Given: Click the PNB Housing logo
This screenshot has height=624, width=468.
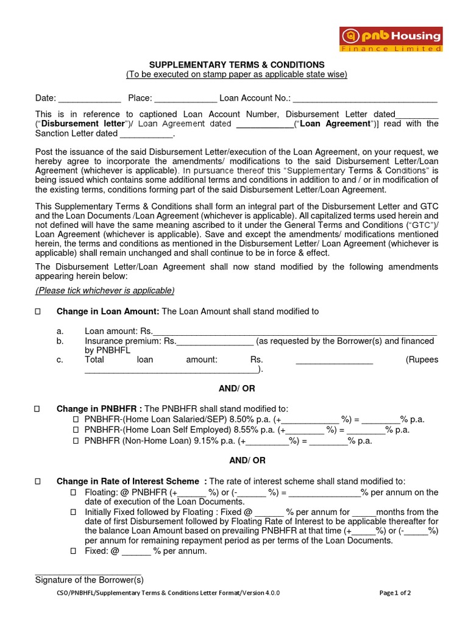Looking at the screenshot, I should pyautogui.click(x=391, y=40).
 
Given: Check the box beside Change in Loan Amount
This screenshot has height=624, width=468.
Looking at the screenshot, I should pyautogui.click(x=38, y=311).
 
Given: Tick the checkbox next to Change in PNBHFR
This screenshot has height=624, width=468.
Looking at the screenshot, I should pyautogui.click(x=38, y=409).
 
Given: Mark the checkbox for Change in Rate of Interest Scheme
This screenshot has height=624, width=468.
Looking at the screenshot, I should pyautogui.click(x=38, y=481).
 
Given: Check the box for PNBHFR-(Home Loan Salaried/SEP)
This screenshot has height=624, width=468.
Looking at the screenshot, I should pyautogui.click(x=76, y=420).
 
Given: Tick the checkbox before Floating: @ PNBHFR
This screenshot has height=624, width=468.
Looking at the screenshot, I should pyautogui.click(x=73, y=492).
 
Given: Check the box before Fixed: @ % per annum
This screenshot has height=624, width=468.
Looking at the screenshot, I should pyautogui.click(x=73, y=551).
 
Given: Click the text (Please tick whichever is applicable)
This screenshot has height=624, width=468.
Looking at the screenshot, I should pyautogui.click(x=105, y=290).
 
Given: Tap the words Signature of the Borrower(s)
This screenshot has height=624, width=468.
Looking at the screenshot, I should pyautogui.click(x=89, y=580).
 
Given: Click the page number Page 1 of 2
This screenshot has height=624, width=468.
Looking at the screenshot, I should pyautogui.click(x=395, y=593).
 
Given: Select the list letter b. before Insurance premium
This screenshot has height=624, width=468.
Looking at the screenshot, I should pyautogui.click(x=60, y=341).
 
